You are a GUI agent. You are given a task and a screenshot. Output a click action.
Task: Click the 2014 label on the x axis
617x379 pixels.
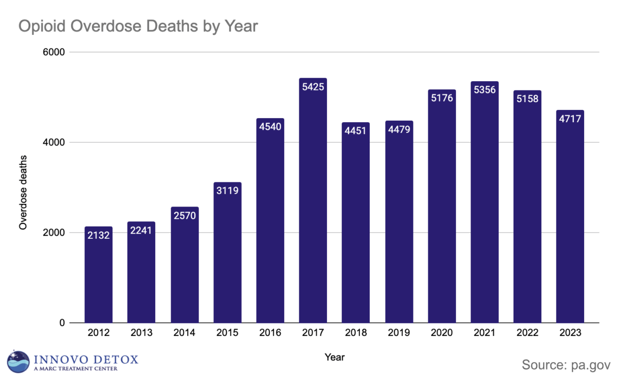(184, 333)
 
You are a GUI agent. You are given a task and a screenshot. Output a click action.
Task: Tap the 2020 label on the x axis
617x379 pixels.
(441, 333)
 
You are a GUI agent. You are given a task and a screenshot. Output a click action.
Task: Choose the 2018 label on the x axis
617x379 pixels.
(356, 333)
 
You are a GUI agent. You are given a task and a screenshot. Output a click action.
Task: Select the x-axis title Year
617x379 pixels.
(335, 357)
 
